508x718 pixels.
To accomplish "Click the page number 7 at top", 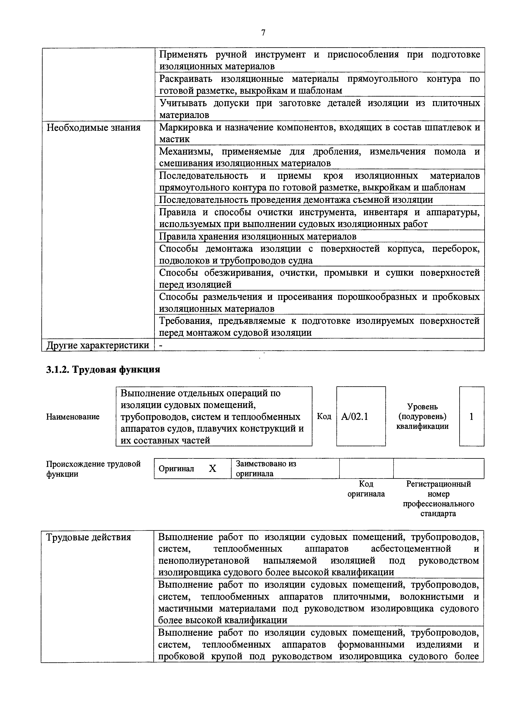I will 263,33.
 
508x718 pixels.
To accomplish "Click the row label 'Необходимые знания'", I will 93,128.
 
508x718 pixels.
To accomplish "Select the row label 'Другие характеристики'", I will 98,345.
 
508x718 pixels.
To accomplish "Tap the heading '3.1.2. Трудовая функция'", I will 103,369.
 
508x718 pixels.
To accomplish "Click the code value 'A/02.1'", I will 355,417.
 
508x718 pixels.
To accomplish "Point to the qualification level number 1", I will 471,417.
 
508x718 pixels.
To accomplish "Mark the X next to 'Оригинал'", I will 213,468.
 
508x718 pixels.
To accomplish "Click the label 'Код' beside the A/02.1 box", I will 324,417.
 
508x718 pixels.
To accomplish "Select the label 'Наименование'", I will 73,417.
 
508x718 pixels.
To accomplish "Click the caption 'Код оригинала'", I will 366,489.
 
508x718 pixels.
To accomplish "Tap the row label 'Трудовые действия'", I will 89,537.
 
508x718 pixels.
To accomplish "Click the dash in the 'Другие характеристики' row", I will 161,345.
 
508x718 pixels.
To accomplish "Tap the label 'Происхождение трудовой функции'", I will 93,468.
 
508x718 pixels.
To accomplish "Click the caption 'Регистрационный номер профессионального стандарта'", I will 438,499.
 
